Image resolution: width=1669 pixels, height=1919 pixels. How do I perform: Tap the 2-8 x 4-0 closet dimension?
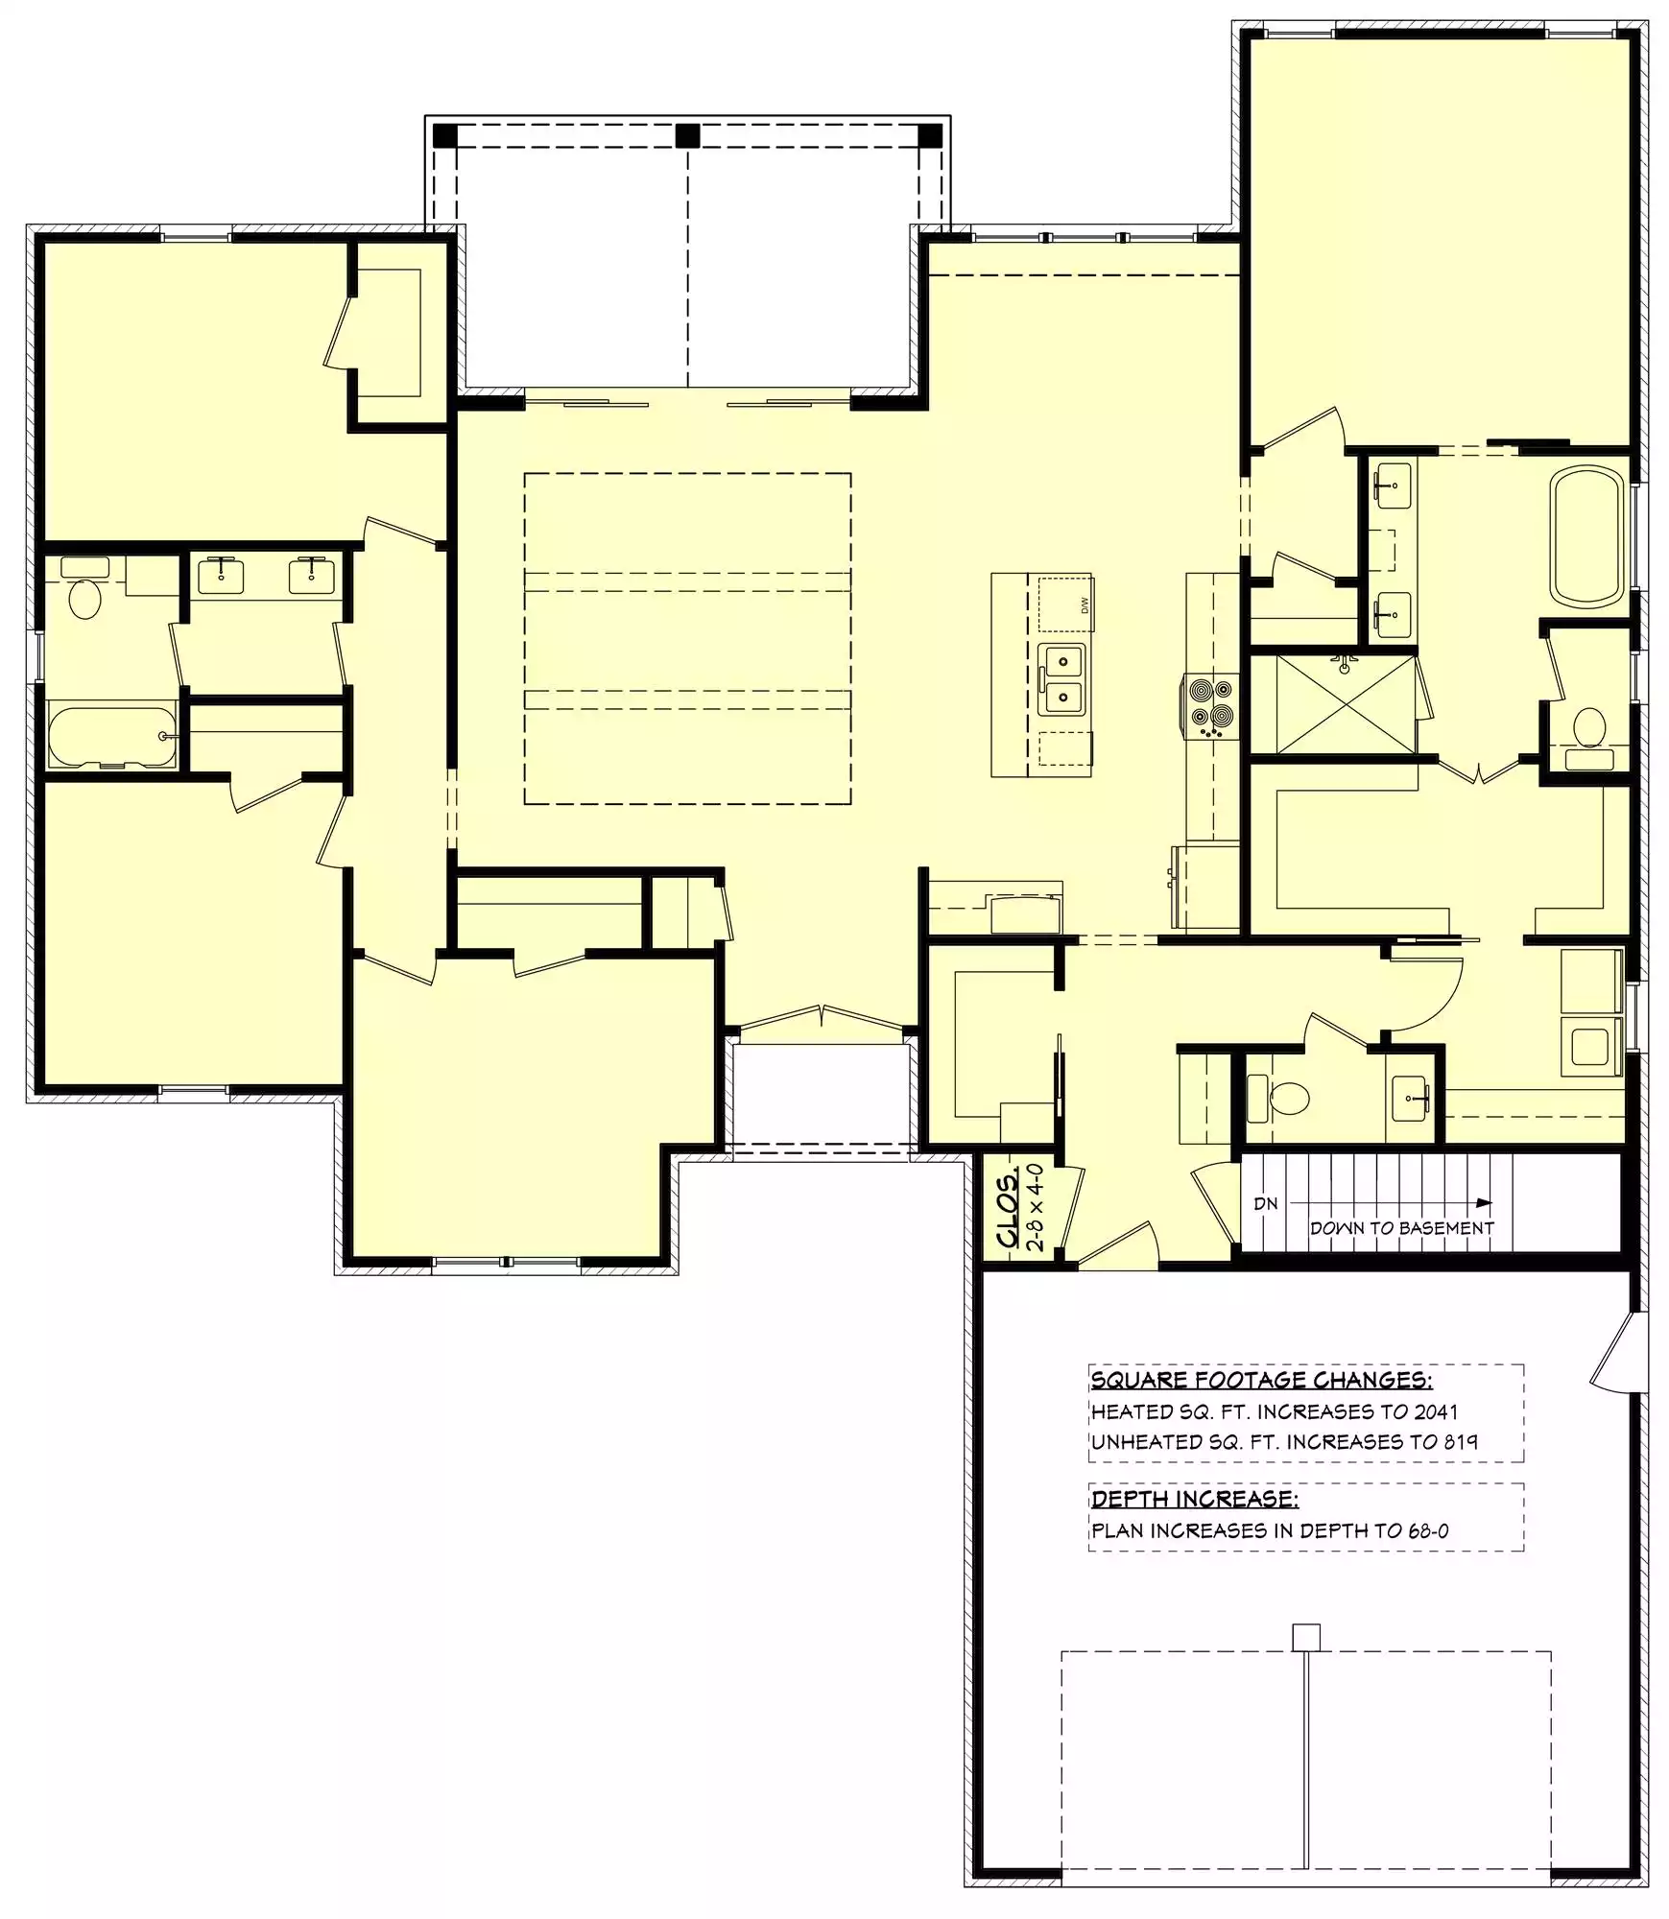1035,1207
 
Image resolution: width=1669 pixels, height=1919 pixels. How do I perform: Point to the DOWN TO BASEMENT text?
1401,1228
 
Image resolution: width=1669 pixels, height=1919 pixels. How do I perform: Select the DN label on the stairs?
1266,1203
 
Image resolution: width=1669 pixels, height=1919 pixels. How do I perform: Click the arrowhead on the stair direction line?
1485,1202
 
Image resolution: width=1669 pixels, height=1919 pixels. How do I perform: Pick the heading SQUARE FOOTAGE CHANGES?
1261,1380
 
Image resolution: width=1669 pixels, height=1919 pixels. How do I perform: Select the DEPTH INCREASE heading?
1195,1498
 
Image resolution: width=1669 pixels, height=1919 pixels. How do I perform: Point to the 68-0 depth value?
1428,1530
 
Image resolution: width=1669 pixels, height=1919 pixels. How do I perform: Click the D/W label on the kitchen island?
1085,605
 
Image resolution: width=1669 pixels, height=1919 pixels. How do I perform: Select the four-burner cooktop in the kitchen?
1209,705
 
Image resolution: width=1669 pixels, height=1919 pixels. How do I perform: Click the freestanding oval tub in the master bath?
1588,535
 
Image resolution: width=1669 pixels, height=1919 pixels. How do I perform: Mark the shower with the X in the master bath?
1346,705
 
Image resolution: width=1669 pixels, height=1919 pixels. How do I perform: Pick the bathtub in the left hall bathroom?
112,736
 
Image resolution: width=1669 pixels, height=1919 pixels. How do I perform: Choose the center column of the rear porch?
687,135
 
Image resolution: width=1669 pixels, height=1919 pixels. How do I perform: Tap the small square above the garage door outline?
1305,1637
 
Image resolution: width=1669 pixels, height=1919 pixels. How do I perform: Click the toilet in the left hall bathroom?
84,587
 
